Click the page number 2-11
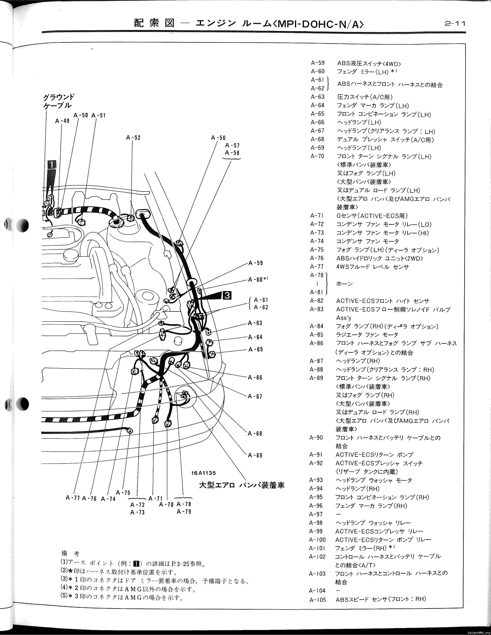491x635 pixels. click(x=455, y=23)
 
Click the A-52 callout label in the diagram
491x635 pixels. click(x=133, y=138)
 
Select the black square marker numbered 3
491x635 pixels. click(x=227, y=295)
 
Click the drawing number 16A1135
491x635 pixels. click(x=204, y=473)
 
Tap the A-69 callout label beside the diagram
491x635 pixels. click(x=255, y=455)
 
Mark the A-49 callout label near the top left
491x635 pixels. click(x=62, y=121)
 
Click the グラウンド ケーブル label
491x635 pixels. click(x=59, y=101)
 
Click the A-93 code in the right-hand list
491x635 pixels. click(x=316, y=480)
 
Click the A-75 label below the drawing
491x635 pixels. click(x=123, y=493)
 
